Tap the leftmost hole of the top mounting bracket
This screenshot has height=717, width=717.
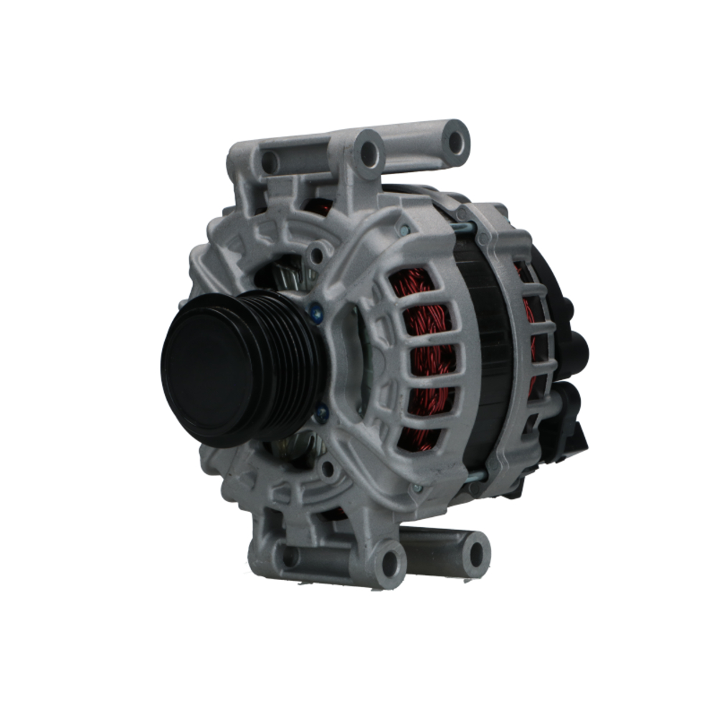click(x=270, y=162)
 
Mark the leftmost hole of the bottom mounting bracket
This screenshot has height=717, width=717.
click(x=290, y=556)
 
